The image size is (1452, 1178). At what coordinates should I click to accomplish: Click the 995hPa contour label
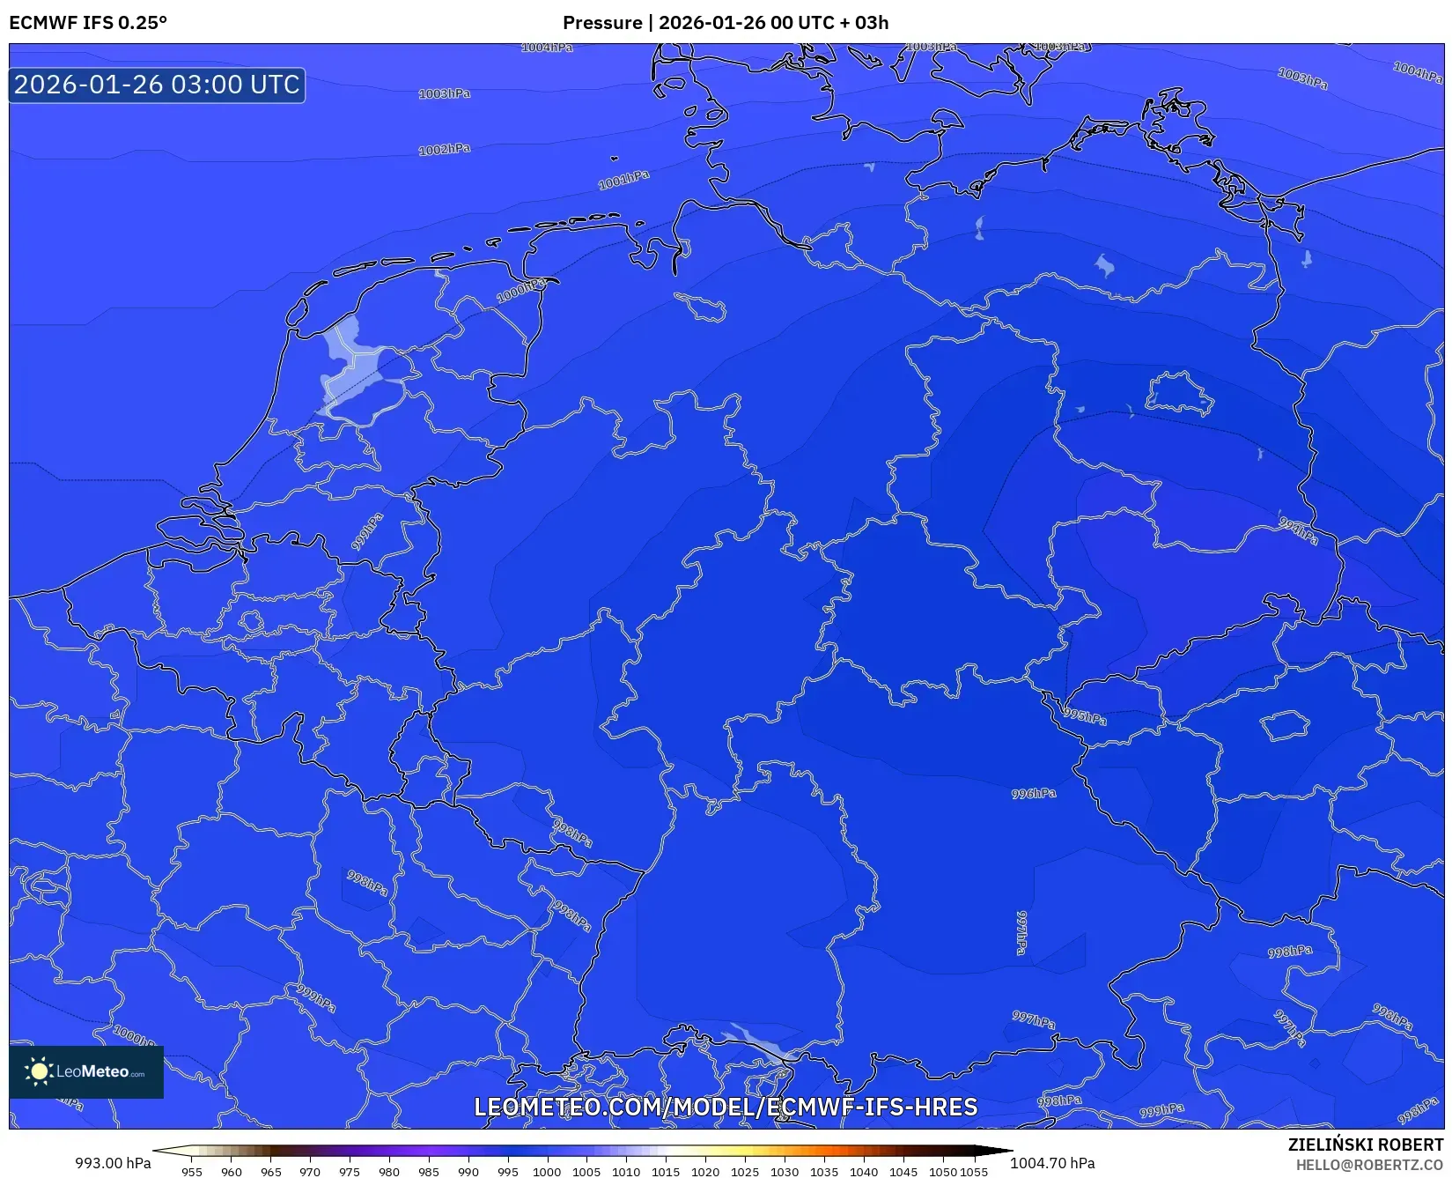tap(1085, 716)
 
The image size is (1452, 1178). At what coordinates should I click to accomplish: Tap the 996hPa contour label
tap(1034, 794)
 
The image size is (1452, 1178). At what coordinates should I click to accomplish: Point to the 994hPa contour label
tap(1299, 530)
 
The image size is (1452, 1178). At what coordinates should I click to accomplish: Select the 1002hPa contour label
tap(444, 150)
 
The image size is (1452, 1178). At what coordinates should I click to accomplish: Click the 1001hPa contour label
tap(623, 180)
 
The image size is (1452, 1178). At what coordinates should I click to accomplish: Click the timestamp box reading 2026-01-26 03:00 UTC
tap(157, 85)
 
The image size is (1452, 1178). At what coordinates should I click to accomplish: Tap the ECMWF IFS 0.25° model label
tap(88, 22)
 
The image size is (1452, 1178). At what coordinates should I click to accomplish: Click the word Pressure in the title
tap(602, 22)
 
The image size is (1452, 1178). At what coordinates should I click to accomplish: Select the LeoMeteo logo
tap(86, 1071)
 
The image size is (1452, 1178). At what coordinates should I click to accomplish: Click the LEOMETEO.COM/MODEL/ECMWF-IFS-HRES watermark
tap(726, 1107)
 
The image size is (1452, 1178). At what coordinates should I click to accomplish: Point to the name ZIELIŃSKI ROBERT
tap(1365, 1145)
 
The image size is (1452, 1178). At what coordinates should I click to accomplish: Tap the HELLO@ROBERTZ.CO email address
tap(1369, 1165)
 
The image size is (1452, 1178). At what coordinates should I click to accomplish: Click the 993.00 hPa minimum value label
tap(113, 1163)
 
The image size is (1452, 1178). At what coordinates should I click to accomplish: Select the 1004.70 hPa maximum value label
tap(1052, 1163)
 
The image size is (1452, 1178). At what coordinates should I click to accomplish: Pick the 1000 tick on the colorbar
tap(547, 1172)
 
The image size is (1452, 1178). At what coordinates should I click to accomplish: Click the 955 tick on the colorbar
tap(192, 1172)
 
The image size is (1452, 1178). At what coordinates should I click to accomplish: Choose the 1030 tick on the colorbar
tap(784, 1172)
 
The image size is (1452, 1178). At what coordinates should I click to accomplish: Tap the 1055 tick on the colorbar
tap(974, 1172)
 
